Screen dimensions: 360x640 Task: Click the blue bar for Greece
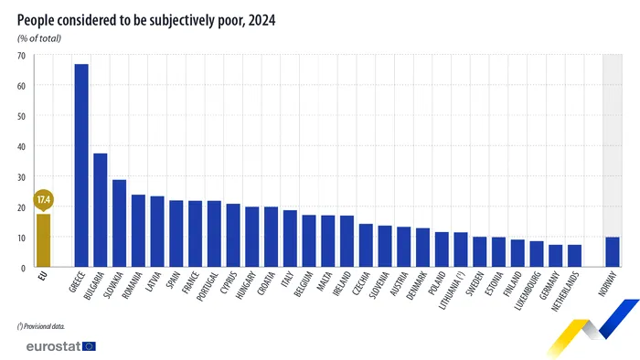click(81, 165)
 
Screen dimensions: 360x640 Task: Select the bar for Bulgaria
click(101, 210)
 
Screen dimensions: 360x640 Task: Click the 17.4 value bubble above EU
click(43, 199)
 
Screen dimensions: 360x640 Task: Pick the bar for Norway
click(612, 252)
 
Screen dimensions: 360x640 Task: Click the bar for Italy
click(290, 238)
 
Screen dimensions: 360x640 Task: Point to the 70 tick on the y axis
click(21, 56)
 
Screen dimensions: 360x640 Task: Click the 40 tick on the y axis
click(21, 146)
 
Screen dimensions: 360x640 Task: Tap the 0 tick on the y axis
click(24, 267)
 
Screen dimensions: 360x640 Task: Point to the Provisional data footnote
click(41, 325)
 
